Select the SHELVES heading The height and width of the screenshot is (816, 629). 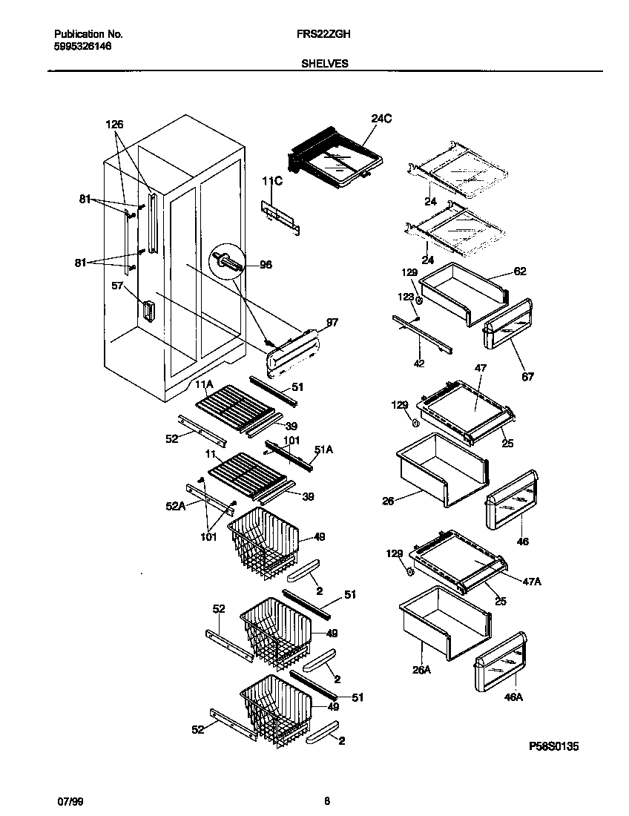pos(325,64)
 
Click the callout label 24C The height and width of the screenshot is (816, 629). pos(380,118)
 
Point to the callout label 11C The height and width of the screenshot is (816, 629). pos(271,180)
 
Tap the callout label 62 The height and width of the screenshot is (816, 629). pos(519,272)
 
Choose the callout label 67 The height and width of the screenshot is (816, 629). pos(527,377)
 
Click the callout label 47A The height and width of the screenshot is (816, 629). pos(532,582)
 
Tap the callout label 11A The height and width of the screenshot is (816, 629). pos(205,384)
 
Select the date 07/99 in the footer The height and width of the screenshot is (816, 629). pos(67,800)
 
